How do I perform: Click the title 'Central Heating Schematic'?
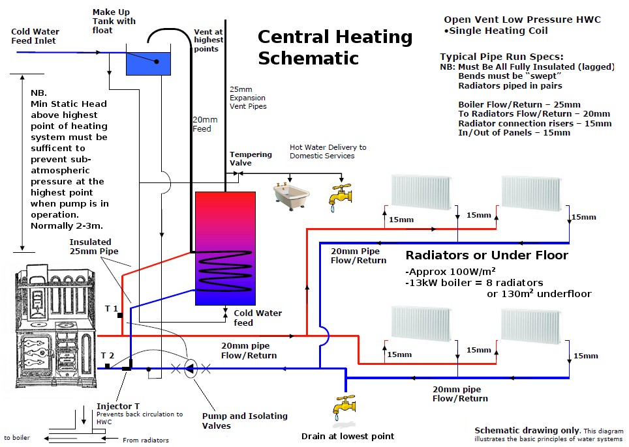335,47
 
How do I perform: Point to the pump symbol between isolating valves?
191,368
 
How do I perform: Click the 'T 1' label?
111,307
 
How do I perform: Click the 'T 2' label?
108,355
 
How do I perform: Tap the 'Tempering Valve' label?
251,158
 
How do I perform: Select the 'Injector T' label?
118,406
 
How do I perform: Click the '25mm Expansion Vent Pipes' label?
248,97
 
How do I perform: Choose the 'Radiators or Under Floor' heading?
487,255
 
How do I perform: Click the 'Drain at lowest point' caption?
348,436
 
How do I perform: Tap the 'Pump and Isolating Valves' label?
245,421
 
